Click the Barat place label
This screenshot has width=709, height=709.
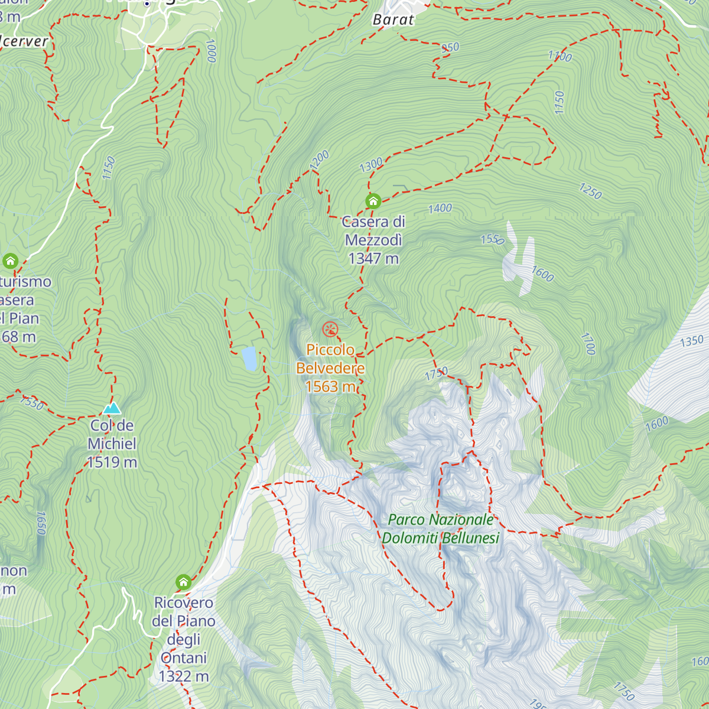pyautogui.click(x=393, y=19)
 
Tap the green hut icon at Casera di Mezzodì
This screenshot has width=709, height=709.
pyautogui.click(x=373, y=201)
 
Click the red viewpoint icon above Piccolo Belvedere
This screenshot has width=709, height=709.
pyautogui.click(x=330, y=329)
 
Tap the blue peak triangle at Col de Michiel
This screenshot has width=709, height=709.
pyautogui.click(x=112, y=408)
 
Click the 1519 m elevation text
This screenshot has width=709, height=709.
pyautogui.click(x=112, y=462)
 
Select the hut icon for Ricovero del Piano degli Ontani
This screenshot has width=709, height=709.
pyautogui.click(x=184, y=582)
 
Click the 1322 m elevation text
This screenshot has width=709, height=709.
pyautogui.click(x=184, y=677)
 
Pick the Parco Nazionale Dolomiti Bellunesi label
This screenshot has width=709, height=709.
pyautogui.click(x=441, y=529)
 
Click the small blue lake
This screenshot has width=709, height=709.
pyautogui.click(x=250, y=359)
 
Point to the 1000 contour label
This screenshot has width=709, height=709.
pyautogui.click(x=211, y=51)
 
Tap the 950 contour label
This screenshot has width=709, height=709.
pyautogui.click(x=450, y=47)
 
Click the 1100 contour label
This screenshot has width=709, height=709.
pyautogui.click(x=560, y=56)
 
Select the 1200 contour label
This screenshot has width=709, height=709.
pyautogui.click(x=319, y=160)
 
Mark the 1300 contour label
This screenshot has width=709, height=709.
pyautogui.click(x=371, y=165)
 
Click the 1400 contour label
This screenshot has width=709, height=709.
pyautogui.click(x=440, y=208)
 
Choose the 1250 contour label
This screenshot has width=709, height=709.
pyautogui.click(x=590, y=191)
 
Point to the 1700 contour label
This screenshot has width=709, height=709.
pyautogui.click(x=587, y=344)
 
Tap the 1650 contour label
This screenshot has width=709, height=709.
pyautogui.click(x=41, y=523)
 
